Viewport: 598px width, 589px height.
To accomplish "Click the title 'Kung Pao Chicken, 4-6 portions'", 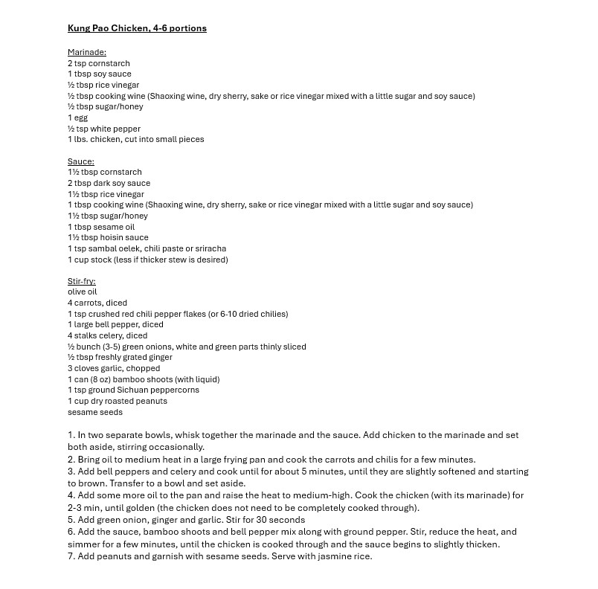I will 137,28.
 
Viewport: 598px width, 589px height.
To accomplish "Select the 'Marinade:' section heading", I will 87,52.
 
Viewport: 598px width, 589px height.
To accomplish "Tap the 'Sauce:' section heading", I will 81,161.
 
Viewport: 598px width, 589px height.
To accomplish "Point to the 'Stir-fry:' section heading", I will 82,281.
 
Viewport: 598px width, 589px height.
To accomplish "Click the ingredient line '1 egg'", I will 78,118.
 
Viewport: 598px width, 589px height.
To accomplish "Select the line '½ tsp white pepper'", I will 104,129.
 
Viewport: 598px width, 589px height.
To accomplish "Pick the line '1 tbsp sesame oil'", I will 101,227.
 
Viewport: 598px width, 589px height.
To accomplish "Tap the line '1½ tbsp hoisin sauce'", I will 108,237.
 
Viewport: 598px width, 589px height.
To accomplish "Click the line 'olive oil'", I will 83,292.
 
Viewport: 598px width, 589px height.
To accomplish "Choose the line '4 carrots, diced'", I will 97,303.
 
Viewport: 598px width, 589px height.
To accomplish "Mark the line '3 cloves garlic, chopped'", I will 114,368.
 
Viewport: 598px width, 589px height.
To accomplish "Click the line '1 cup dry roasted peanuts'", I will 118,401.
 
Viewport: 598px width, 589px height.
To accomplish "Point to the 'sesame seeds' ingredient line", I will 95,412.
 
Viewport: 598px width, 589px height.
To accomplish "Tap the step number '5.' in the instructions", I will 71,520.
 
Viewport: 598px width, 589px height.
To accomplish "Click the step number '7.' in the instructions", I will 71,556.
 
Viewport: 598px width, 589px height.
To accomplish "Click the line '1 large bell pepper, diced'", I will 115,324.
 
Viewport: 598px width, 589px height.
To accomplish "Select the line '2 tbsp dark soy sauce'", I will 109,183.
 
